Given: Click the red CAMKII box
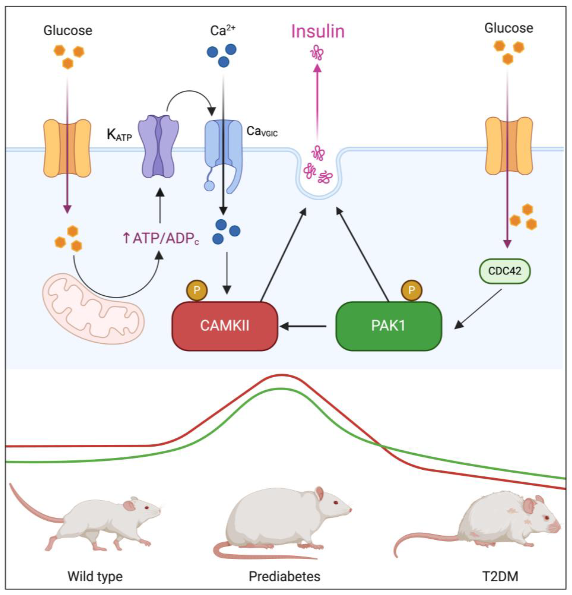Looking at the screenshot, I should pos(225,326).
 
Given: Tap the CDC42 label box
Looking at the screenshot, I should pos(505,271).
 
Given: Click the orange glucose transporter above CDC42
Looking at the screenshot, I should pos(509,146).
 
